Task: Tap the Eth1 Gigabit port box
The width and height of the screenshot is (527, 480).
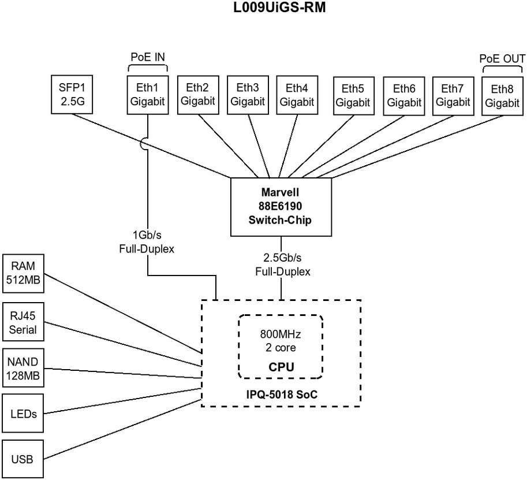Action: (x=147, y=94)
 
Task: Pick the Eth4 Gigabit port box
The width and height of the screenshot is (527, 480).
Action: (x=297, y=94)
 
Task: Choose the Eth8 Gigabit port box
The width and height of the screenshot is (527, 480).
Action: (x=502, y=95)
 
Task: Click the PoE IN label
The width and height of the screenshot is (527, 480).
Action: (x=147, y=57)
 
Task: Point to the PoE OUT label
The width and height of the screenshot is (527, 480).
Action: (x=502, y=59)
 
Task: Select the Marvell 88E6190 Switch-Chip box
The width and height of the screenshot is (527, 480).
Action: (x=281, y=207)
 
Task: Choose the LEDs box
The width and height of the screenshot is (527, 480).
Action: (x=24, y=414)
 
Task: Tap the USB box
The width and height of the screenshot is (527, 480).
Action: (x=24, y=460)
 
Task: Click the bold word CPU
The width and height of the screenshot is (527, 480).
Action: (x=281, y=366)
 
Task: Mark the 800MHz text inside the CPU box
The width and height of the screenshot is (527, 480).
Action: (x=281, y=335)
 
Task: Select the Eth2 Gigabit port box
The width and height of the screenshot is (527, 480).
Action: (x=197, y=94)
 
